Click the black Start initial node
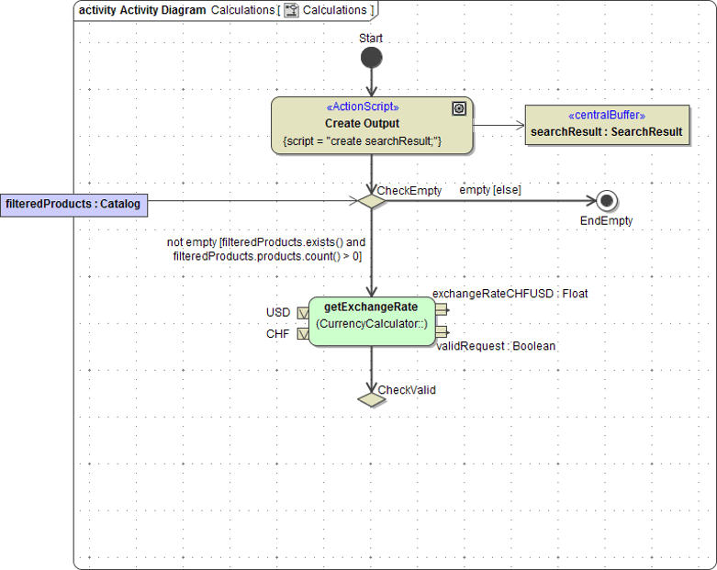(x=371, y=59)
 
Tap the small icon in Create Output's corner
(x=459, y=109)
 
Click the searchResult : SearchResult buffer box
(x=606, y=126)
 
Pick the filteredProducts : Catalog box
(x=73, y=204)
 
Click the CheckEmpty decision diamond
(x=372, y=201)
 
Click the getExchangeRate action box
(x=372, y=321)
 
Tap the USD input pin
(x=303, y=313)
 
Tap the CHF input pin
(x=303, y=334)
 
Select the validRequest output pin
(x=442, y=331)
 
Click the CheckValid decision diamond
(x=372, y=400)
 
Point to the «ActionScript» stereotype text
(x=363, y=107)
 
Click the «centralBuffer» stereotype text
(x=607, y=116)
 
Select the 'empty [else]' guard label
(x=490, y=190)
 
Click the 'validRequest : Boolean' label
(x=496, y=346)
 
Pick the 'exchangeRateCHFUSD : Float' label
(x=510, y=294)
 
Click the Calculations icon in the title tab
(x=292, y=10)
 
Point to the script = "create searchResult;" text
(x=363, y=141)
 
